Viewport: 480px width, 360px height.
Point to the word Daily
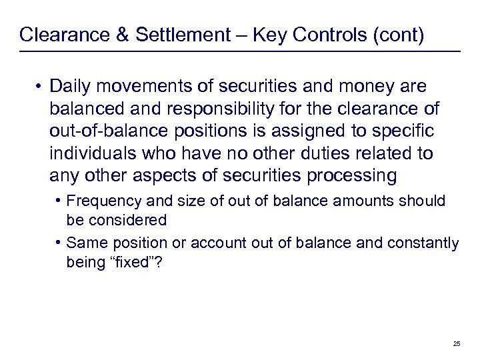click(x=71, y=87)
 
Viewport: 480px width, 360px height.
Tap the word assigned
click(x=306, y=131)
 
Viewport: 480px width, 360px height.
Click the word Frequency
click(x=98, y=201)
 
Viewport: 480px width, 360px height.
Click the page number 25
click(x=457, y=343)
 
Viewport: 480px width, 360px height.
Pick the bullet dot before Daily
click(x=41, y=87)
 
